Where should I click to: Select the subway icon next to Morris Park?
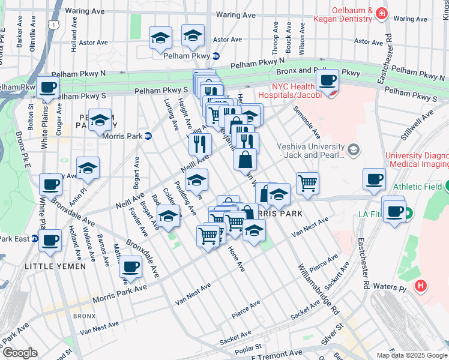[x=148, y=136]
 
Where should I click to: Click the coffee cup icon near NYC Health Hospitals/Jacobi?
[x=328, y=81]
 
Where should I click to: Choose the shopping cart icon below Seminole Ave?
[x=307, y=183]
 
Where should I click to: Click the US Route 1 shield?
[x=54, y=24]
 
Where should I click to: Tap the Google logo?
[x=19, y=353]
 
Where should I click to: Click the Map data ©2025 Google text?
[x=412, y=355]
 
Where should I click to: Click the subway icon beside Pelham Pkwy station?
[x=216, y=56]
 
